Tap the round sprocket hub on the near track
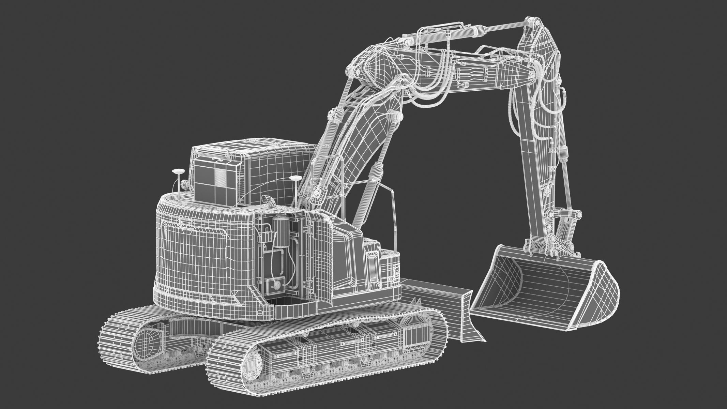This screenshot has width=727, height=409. tap(253, 367)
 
